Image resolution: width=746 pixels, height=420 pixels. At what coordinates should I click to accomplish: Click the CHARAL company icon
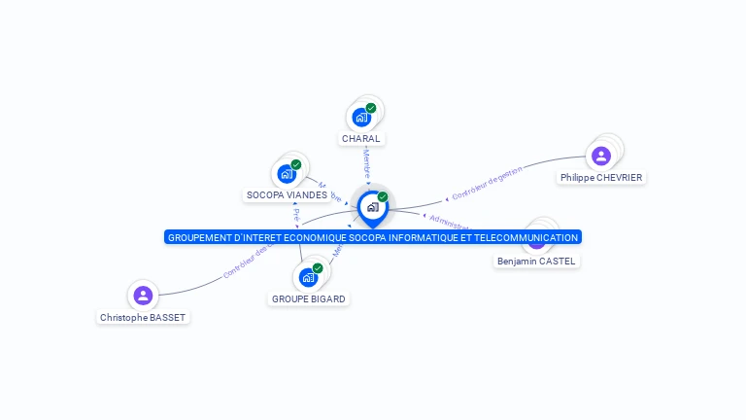(361, 118)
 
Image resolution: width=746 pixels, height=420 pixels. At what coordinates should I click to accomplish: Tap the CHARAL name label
(361, 139)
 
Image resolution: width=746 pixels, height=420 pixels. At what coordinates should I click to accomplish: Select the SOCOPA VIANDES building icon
(287, 174)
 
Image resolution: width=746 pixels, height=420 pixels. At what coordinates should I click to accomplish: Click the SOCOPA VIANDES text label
(287, 195)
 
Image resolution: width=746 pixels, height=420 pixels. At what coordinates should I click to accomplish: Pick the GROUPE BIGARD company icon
(308, 278)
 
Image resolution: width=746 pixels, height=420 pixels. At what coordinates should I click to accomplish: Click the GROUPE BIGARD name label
(308, 299)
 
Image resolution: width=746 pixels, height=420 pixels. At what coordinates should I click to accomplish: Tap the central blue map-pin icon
(372, 208)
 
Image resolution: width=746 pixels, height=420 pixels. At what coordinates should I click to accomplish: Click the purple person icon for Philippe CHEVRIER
(601, 156)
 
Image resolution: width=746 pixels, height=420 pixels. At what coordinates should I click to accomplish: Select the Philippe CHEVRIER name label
(601, 178)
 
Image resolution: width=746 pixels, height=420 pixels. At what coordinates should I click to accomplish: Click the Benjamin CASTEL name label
(536, 262)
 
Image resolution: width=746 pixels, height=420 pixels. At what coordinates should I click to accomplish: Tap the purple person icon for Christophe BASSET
(143, 296)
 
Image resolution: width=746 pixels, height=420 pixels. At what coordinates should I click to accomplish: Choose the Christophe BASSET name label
(143, 318)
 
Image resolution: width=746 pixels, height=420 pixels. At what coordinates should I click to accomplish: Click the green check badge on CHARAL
(371, 108)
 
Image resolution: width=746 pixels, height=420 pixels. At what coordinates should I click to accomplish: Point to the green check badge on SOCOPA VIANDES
(296, 164)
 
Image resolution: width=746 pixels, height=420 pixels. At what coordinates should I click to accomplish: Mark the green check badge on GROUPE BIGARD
(318, 268)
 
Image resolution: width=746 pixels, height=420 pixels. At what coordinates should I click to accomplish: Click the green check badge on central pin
(383, 196)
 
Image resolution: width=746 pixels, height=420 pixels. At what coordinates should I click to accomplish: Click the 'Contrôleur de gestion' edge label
(487, 183)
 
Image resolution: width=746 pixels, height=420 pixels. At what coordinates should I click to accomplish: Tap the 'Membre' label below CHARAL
(366, 161)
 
